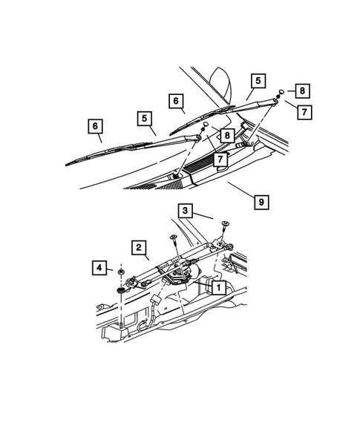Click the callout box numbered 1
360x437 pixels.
click(x=218, y=287)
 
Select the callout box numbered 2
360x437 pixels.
click(x=138, y=246)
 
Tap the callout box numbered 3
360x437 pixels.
click(x=185, y=211)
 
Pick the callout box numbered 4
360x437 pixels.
click(x=98, y=266)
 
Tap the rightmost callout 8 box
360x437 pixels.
click(x=303, y=91)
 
